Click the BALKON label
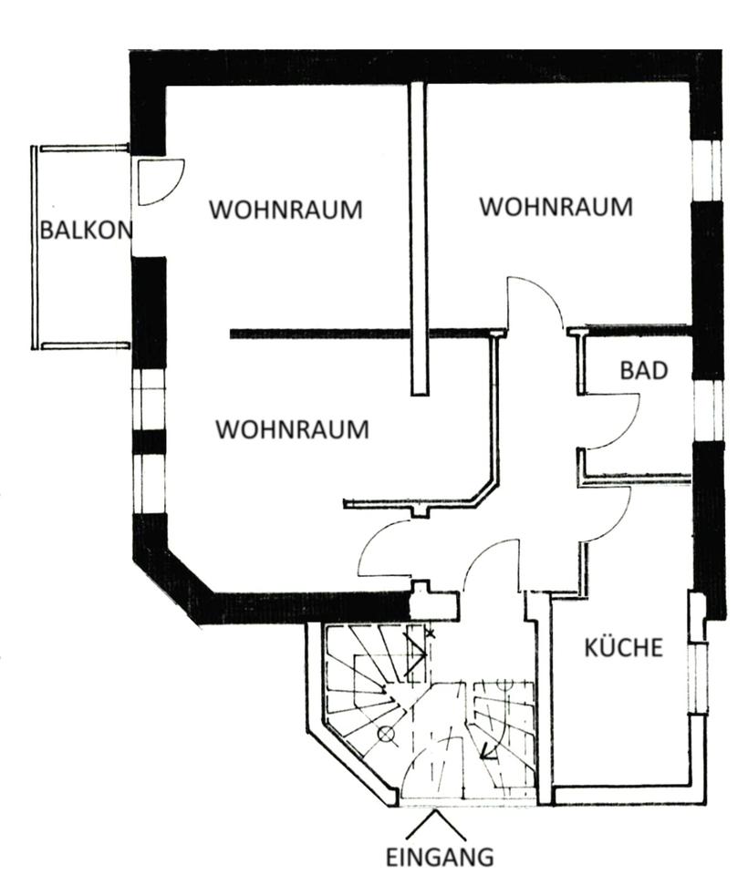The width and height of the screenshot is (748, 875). [85, 230]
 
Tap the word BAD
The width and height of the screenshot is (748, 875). [644, 371]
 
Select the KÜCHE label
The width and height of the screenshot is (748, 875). [623, 648]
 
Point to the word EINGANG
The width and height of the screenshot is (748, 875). [439, 857]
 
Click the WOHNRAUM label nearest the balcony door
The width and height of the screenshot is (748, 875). [285, 210]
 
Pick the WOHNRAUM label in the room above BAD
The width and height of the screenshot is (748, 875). [556, 207]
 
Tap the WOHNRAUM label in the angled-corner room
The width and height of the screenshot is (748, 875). [292, 428]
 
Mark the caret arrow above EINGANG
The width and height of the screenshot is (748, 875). [436, 825]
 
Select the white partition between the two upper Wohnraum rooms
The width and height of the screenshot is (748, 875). [419, 237]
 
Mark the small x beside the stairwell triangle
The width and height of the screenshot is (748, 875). [430, 632]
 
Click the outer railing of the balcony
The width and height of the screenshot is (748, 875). [35, 246]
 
